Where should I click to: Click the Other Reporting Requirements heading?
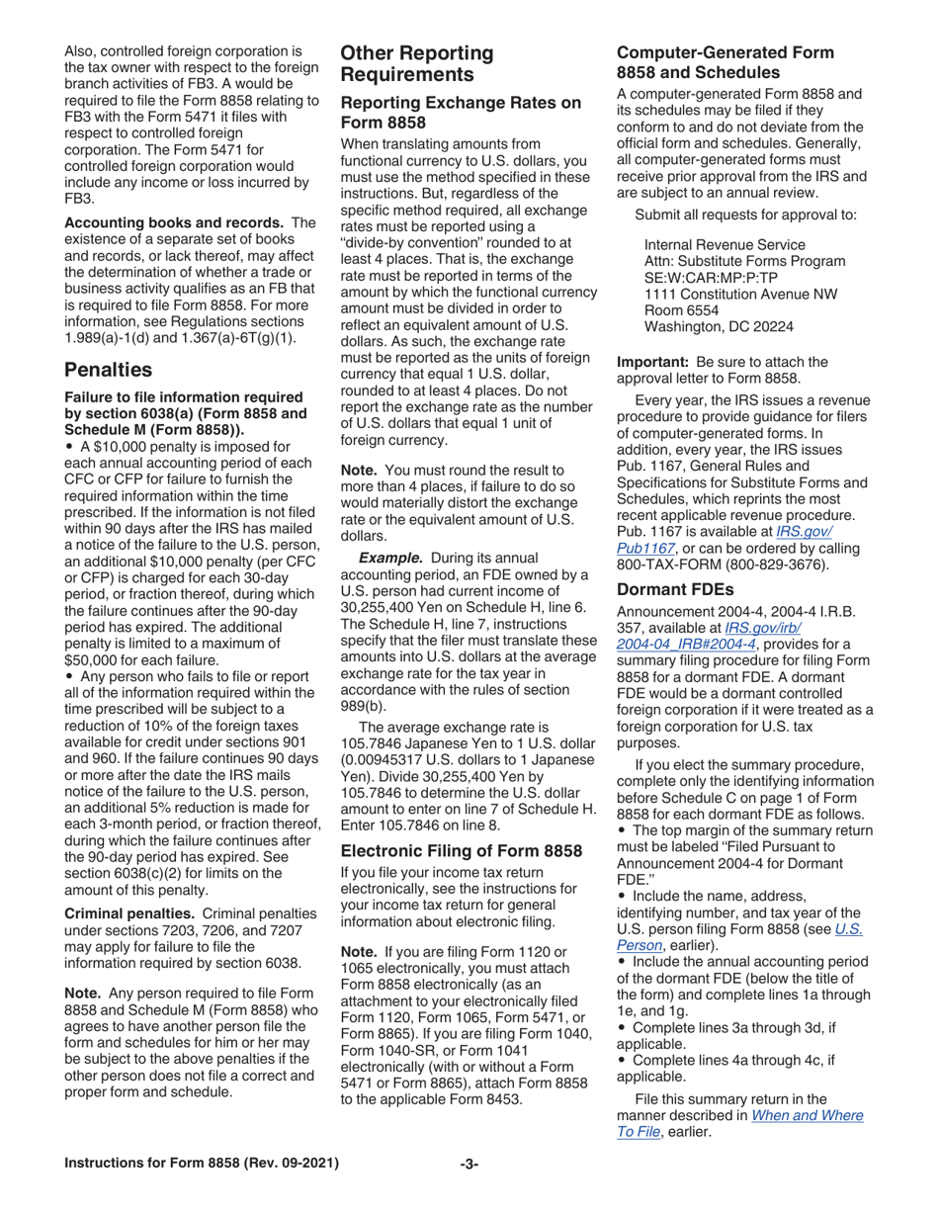click(417, 63)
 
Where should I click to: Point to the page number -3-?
click(469, 1164)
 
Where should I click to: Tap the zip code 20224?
click(773, 326)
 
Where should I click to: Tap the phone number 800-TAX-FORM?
click(662, 564)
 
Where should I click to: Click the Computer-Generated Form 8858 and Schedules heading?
click(725, 61)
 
